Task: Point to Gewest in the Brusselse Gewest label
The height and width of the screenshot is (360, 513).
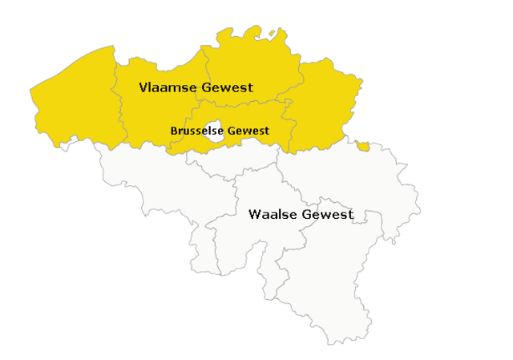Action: (248, 130)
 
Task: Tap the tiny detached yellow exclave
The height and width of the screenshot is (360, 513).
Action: (363, 146)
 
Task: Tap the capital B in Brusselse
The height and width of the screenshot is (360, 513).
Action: (174, 130)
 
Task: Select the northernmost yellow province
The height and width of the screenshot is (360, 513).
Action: (248, 60)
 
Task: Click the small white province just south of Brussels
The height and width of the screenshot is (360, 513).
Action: (232, 160)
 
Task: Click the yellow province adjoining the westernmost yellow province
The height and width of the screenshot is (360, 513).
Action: (156, 112)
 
